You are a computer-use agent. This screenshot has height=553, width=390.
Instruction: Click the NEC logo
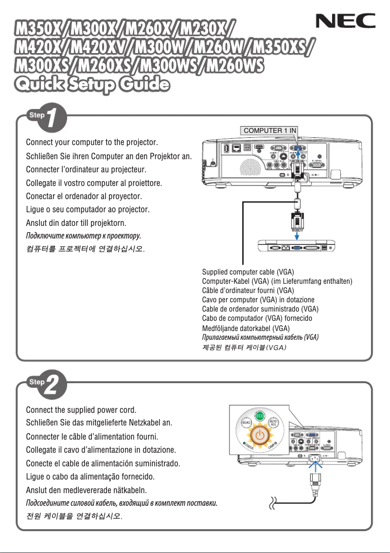[x=346, y=21]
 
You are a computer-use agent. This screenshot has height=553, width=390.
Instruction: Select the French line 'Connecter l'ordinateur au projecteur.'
[x=86, y=170]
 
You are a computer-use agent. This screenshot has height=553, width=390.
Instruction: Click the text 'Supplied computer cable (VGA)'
[x=248, y=272]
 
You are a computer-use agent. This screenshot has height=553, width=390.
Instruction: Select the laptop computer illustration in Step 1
[x=298, y=247]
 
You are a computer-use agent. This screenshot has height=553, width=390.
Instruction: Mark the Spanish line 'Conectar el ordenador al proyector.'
[x=84, y=197]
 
